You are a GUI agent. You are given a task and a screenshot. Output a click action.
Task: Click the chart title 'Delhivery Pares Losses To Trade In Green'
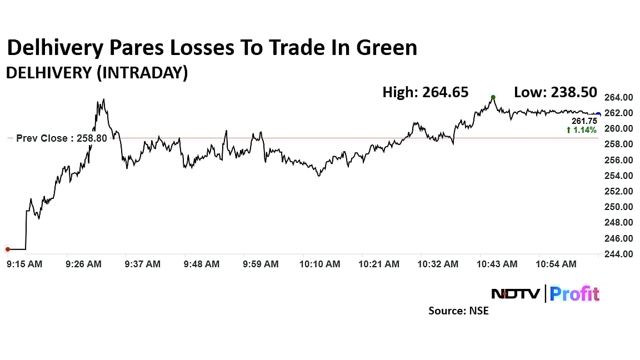pyautogui.click(x=212, y=48)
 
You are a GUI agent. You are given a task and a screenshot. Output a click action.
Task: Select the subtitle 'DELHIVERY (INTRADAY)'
pyautogui.click(x=97, y=73)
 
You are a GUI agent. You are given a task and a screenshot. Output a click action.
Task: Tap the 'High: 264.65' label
pyautogui.click(x=425, y=92)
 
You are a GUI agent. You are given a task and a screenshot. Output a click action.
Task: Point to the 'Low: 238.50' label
pyautogui.click(x=555, y=92)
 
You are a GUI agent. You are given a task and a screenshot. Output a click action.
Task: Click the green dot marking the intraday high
pyautogui.click(x=493, y=97)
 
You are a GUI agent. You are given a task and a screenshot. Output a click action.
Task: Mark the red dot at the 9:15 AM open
pyautogui.click(x=8, y=249)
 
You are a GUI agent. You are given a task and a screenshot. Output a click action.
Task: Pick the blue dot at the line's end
pyautogui.click(x=598, y=114)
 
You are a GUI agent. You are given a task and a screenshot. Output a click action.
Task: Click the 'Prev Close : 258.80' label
pyautogui.click(x=61, y=138)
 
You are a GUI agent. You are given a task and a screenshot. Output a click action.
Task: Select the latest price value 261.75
pyautogui.click(x=584, y=121)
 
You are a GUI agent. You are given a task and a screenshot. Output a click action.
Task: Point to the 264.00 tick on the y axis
pyautogui.click(x=618, y=97)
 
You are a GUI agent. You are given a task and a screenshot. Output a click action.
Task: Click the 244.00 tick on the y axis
pyautogui.click(x=618, y=254)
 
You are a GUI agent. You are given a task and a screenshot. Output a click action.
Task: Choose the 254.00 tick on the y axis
pyautogui.click(x=618, y=176)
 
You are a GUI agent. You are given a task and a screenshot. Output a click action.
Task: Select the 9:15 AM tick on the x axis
pyautogui.click(x=24, y=264)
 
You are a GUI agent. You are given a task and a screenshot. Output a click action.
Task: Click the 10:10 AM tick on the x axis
pyautogui.click(x=320, y=264)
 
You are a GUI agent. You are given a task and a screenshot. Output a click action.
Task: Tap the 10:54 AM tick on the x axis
pyautogui.click(x=557, y=264)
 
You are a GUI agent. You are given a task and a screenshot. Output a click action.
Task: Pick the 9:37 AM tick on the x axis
pyautogui.click(x=143, y=264)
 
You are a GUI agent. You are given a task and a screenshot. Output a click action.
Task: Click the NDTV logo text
pyautogui.click(x=515, y=293)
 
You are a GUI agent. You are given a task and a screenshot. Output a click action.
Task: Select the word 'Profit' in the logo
pyautogui.click(x=574, y=293)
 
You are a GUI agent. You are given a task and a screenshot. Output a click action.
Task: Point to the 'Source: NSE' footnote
pyautogui.click(x=458, y=311)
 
